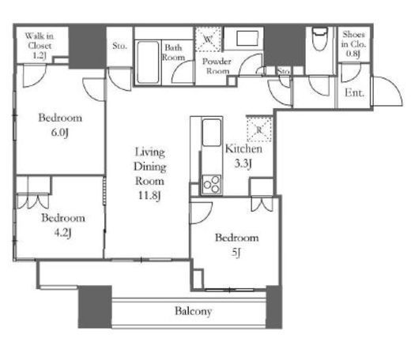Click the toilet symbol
click(x=319, y=39)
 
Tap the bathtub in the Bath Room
click(x=148, y=62)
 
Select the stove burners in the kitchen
click(x=212, y=185)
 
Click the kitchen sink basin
click(x=212, y=132)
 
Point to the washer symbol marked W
click(x=208, y=39)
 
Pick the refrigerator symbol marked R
click(x=259, y=129)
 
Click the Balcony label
click(x=194, y=311)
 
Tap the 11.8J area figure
click(x=149, y=196)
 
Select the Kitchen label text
click(x=243, y=149)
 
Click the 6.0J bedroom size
click(x=60, y=133)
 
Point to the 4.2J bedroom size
click(x=62, y=233)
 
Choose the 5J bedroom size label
click(x=236, y=253)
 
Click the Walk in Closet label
click(x=40, y=46)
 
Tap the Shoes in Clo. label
click(x=354, y=44)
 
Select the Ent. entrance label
click(x=355, y=92)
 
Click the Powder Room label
click(x=217, y=66)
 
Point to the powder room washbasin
click(x=247, y=39)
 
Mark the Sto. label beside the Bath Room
click(x=119, y=46)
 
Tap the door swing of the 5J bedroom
click(x=201, y=212)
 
